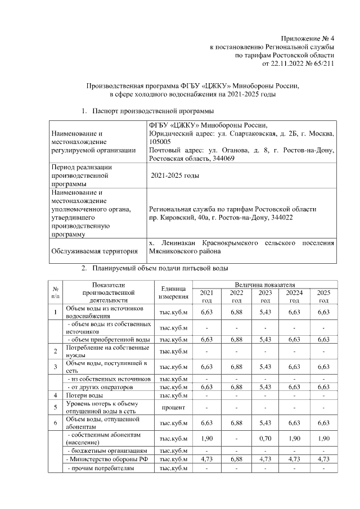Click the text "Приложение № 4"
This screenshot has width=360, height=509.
(x=309, y=37)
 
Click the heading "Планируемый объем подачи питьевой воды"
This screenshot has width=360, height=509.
(x=160, y=267)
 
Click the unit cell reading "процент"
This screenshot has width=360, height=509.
(x=174, y=406)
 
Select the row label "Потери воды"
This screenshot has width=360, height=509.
(x=84, y=395)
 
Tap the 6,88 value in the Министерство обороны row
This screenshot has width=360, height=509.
(x=236, y=459)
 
